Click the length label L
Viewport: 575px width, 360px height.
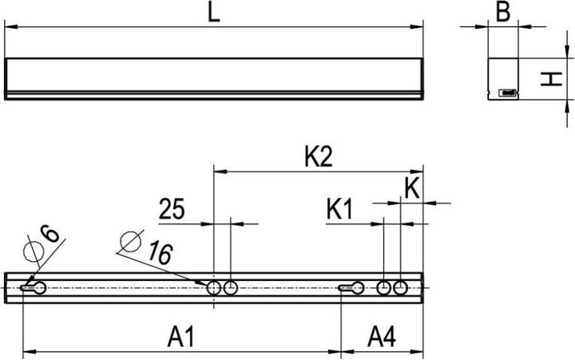point(214,14)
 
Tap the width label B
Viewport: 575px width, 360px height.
point(502,13)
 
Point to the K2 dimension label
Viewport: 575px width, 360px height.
point(318,157)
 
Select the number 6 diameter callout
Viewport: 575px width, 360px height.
point(50,234)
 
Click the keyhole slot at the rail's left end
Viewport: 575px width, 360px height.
point(34,287)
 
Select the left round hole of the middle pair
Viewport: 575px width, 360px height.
point(214,287)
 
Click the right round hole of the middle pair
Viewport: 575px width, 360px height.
point(231,287)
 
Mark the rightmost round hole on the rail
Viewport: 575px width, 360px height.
point(401,287)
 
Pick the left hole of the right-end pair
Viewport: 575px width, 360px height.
point(384,287)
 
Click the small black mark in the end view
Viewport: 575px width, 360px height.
point(506,93)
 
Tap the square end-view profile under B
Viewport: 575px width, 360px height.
point(502,77)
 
